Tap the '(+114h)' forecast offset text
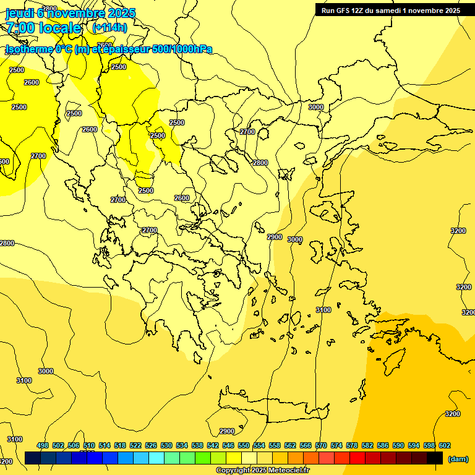tap(109, 27)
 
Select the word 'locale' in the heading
tap(59, 28)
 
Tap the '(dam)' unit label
tap(457, 458)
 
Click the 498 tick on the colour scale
tap(43, 445)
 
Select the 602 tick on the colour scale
tap(445, 445)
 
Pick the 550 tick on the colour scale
tap(244, 445)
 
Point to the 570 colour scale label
tap(321, 445)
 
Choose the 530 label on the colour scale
tap(166, 445)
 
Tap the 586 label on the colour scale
tap(383, 445)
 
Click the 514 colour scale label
tap(105, 445)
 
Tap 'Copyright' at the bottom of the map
tap(233, 471)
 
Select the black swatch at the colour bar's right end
tap(435, 458)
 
